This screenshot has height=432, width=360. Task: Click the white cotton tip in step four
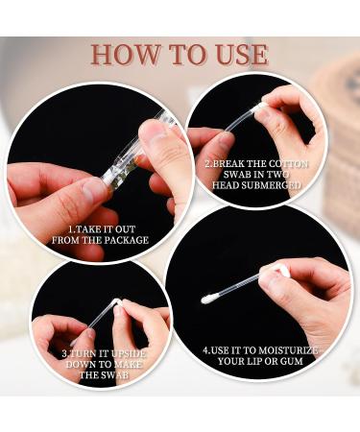pos(207,300)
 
